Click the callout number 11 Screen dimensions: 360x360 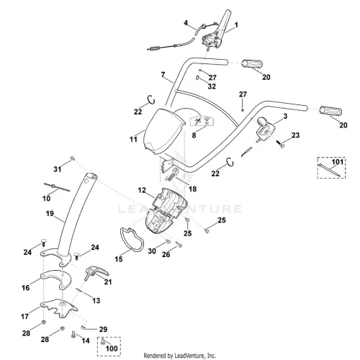(x=133, y=139)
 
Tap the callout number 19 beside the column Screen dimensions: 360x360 (x=50, y=213)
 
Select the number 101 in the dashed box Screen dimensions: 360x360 (x=338, y=162)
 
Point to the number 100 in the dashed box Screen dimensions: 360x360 (x=112, y=348)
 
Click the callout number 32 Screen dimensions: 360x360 (x=212, y=86)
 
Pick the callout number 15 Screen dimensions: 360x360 (x=119, y=259)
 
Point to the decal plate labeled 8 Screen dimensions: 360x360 (x=202, y=121)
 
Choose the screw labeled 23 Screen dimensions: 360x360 (x=280, y=143)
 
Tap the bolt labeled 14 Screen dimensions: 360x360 (x=73, y=334)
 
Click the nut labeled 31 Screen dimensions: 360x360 (x=72, y=158)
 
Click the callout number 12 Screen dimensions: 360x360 (x=142, y=190)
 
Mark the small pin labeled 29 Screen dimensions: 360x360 (x=84, y=327)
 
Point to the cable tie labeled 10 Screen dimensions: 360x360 (x=57, y=187)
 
